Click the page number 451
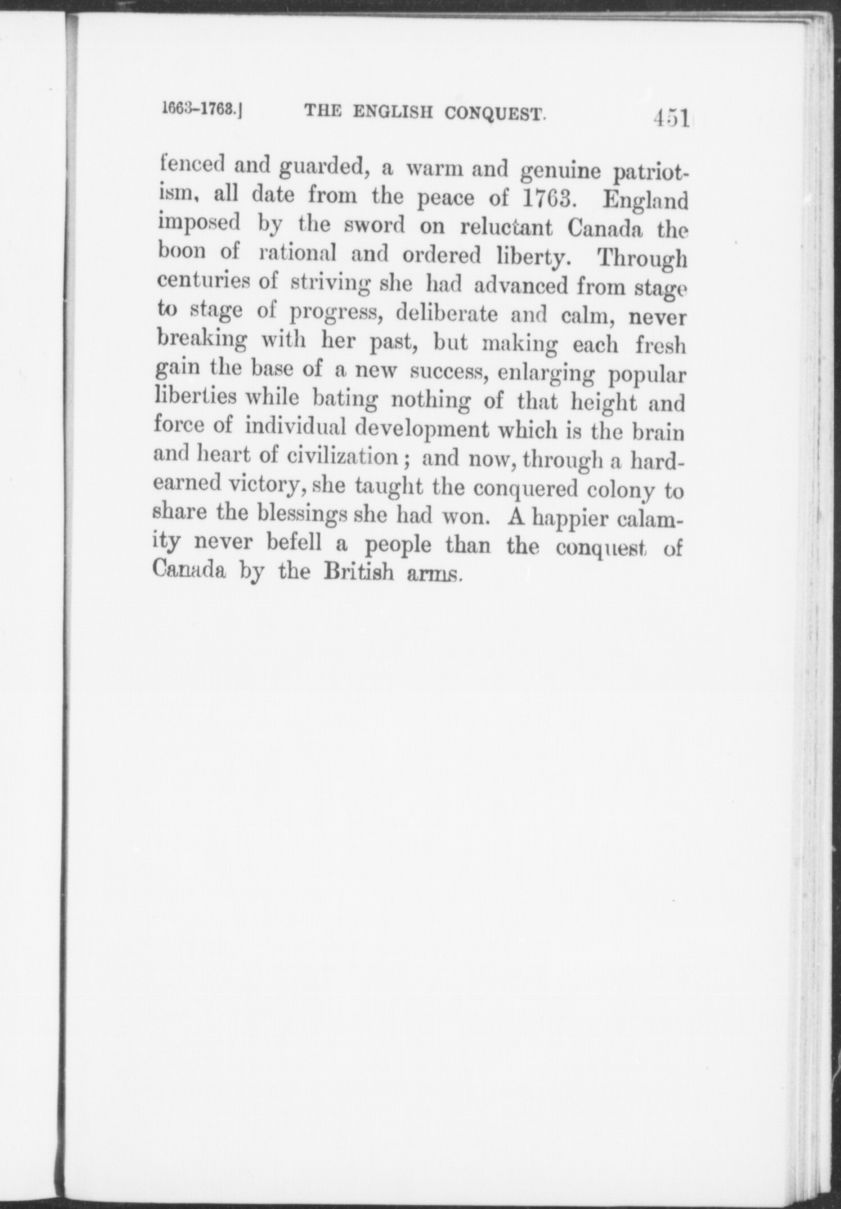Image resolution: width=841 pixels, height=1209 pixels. point(671,120)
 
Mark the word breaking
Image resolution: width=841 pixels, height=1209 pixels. point(202,341)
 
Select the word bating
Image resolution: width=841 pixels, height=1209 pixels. point(345,401)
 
